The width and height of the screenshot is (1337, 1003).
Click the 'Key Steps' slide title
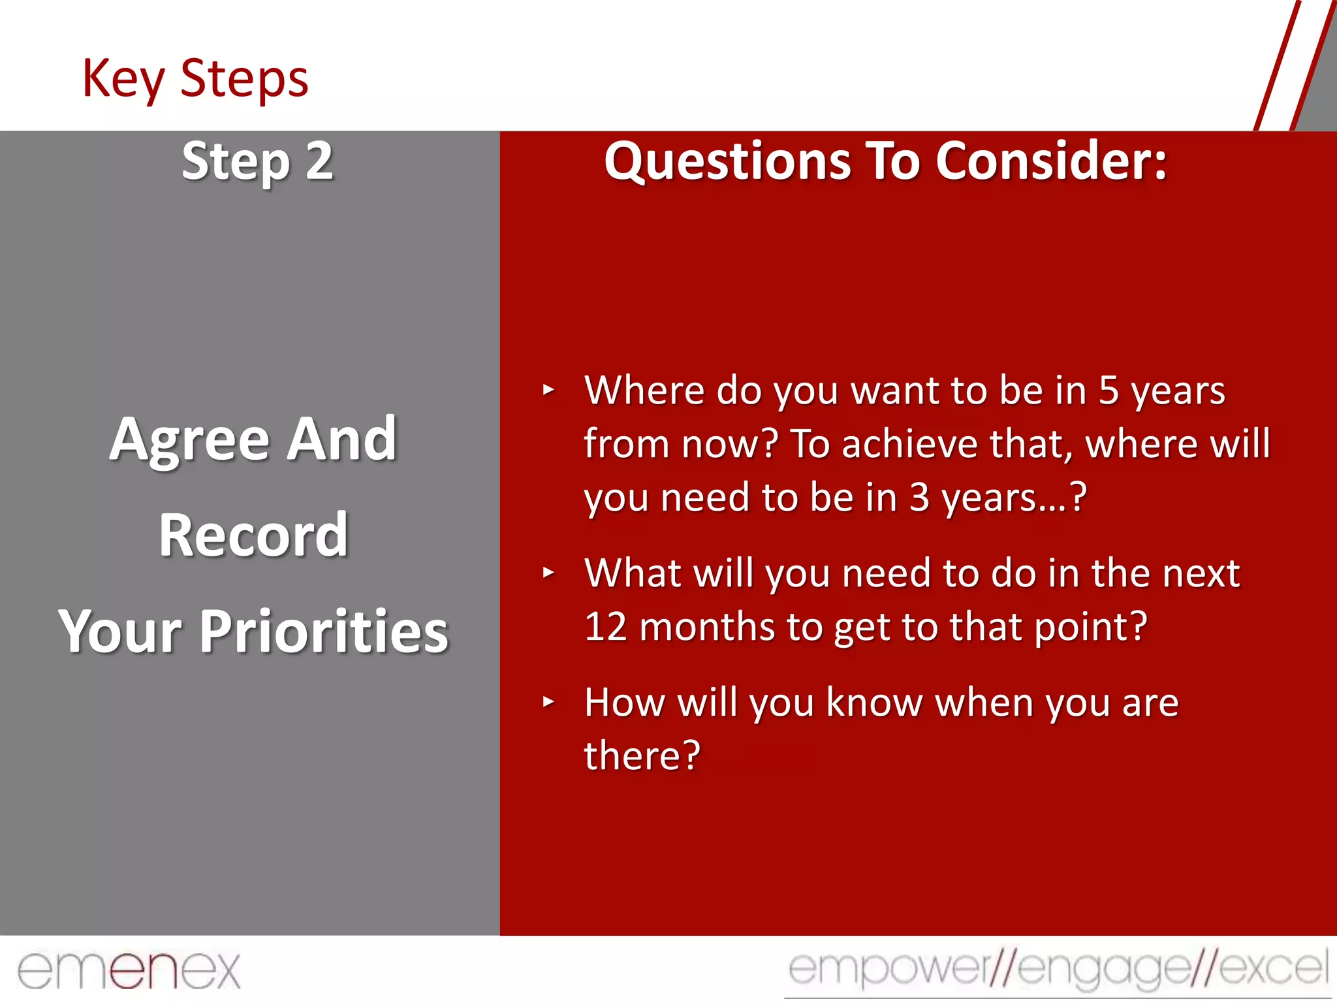(x=195, y=78)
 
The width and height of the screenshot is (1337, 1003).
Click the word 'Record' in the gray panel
(x=253, y=535)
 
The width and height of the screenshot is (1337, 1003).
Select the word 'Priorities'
(x=324, y=631)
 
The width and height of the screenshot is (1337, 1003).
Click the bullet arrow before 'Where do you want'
(x=548, y=390)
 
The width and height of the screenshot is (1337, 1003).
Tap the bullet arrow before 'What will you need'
(x=548, y=573)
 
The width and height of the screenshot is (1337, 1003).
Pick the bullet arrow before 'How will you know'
(x=548, y=703)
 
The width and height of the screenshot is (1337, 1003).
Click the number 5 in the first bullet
(x=1109, y=390)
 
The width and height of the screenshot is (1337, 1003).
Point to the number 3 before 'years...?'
(x=919, y=498)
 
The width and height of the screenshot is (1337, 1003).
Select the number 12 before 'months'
(x=606, y=627)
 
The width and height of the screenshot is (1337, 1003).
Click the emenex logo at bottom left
(x=129, y=970)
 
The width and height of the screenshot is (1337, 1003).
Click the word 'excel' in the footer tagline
(x=1273, y=968)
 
